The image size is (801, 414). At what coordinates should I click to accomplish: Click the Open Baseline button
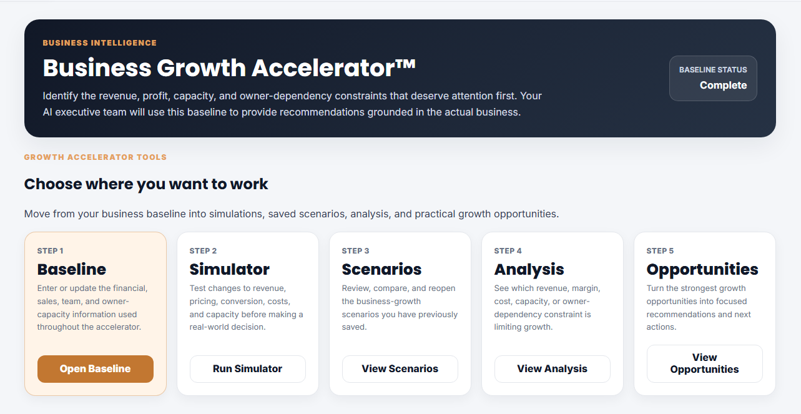[96, 368]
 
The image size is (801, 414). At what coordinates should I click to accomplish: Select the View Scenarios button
[400, 368]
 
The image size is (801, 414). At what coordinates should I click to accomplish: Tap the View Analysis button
[552, 368]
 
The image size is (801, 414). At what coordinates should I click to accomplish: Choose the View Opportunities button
[704, 363]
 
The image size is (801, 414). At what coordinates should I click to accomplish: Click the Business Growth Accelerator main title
[229, 67]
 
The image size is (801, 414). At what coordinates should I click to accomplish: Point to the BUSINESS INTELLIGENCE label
[100, 43]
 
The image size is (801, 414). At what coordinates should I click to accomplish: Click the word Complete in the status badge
[723, 85]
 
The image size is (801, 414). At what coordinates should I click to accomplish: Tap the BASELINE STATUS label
[713, 70]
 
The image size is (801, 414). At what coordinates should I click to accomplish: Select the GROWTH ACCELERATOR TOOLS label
[96, 157]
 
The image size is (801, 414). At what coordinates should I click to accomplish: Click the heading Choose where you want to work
[146, 184]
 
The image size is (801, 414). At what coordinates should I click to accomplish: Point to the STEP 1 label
[51, 251]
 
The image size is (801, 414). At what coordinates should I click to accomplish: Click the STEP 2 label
[203, 251]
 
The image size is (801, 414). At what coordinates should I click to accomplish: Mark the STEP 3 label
[355, 251]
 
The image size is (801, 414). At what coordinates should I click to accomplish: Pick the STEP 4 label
[508, 251]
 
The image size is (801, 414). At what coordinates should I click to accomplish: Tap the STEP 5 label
[660, 251]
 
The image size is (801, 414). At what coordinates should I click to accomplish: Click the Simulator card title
[230, 269]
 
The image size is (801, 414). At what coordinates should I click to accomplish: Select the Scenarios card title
[381, 269]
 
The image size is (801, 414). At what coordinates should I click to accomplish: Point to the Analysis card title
[529, 270]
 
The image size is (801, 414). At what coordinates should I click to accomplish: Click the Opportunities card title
[702, 270]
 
